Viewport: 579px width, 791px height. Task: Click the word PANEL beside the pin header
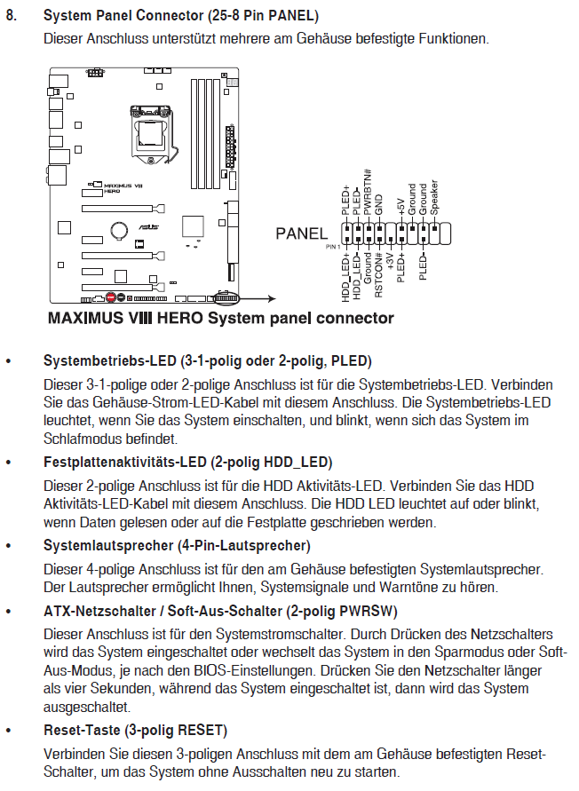302,234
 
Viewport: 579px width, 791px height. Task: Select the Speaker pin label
434,197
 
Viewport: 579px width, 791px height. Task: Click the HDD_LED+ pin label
345,280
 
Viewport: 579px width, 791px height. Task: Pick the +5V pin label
401,207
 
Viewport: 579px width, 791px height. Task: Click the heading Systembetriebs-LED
110,361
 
